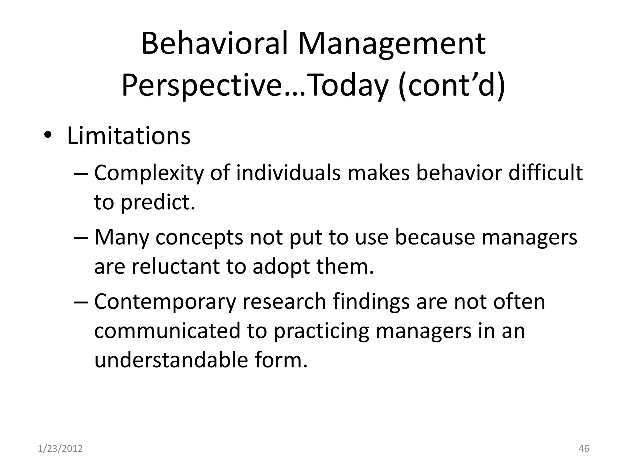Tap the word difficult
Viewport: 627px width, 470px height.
tap(545, 173)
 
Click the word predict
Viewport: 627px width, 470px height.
tap(158, 202)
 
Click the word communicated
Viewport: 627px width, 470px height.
tap(167, 331)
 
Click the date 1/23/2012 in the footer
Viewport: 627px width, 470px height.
tap(60, 449)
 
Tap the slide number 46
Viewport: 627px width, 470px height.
tap(584, 449)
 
